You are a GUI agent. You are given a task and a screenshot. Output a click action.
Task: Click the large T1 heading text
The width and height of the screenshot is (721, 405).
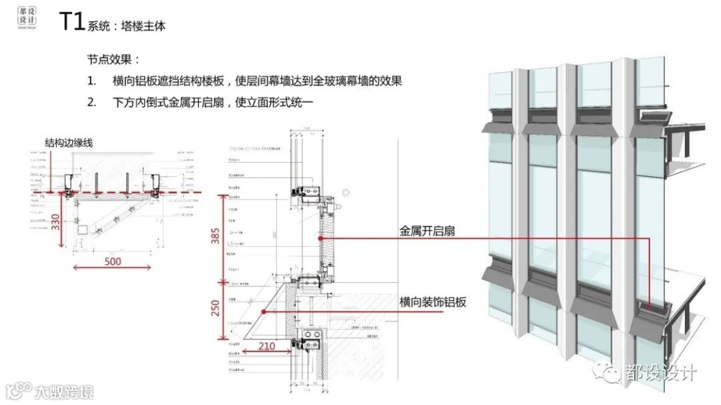click(71, 22)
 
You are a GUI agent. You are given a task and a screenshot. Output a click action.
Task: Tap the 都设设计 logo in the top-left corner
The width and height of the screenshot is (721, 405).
click(27, 19)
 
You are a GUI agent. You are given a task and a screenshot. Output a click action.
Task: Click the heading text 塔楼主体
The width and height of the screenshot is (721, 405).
click(144, 27)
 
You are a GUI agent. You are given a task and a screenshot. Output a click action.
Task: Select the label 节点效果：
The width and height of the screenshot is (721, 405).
click(113, 59)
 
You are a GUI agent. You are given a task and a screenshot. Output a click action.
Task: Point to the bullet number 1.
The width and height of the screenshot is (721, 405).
click(91, 81)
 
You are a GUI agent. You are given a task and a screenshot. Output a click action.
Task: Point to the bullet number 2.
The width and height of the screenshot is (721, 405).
click(91, 103)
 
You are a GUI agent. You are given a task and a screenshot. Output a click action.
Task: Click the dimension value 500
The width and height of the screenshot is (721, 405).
click(112, 261)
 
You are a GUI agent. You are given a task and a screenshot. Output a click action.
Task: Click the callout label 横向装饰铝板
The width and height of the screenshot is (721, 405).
click(433, 302)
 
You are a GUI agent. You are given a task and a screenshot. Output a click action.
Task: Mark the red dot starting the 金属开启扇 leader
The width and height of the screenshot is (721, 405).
click(321, 238)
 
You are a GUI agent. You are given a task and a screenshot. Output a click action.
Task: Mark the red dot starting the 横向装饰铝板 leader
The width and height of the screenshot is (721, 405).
click(265, 311)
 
